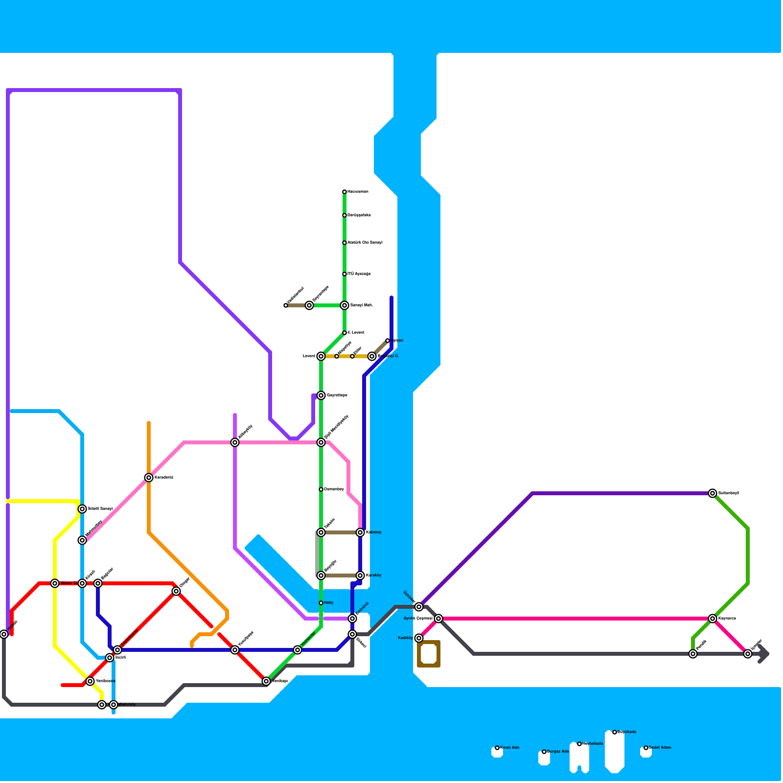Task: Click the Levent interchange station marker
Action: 321,356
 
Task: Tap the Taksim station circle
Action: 321,532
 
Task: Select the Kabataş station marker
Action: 360,532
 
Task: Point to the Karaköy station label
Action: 373,576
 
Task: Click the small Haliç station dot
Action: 321,603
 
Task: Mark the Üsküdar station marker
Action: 419,607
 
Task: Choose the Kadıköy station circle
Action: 419,638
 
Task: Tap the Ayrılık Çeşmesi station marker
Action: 438,619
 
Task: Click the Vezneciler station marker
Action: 298,650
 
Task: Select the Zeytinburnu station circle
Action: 117,650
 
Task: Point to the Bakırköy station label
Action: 127,705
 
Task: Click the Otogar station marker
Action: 176,591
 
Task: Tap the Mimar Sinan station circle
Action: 55,583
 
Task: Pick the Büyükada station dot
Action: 615,732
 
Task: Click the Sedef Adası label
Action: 660,748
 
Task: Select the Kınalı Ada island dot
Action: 497,748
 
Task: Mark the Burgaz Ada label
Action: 558,752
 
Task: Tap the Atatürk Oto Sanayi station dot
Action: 345,243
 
